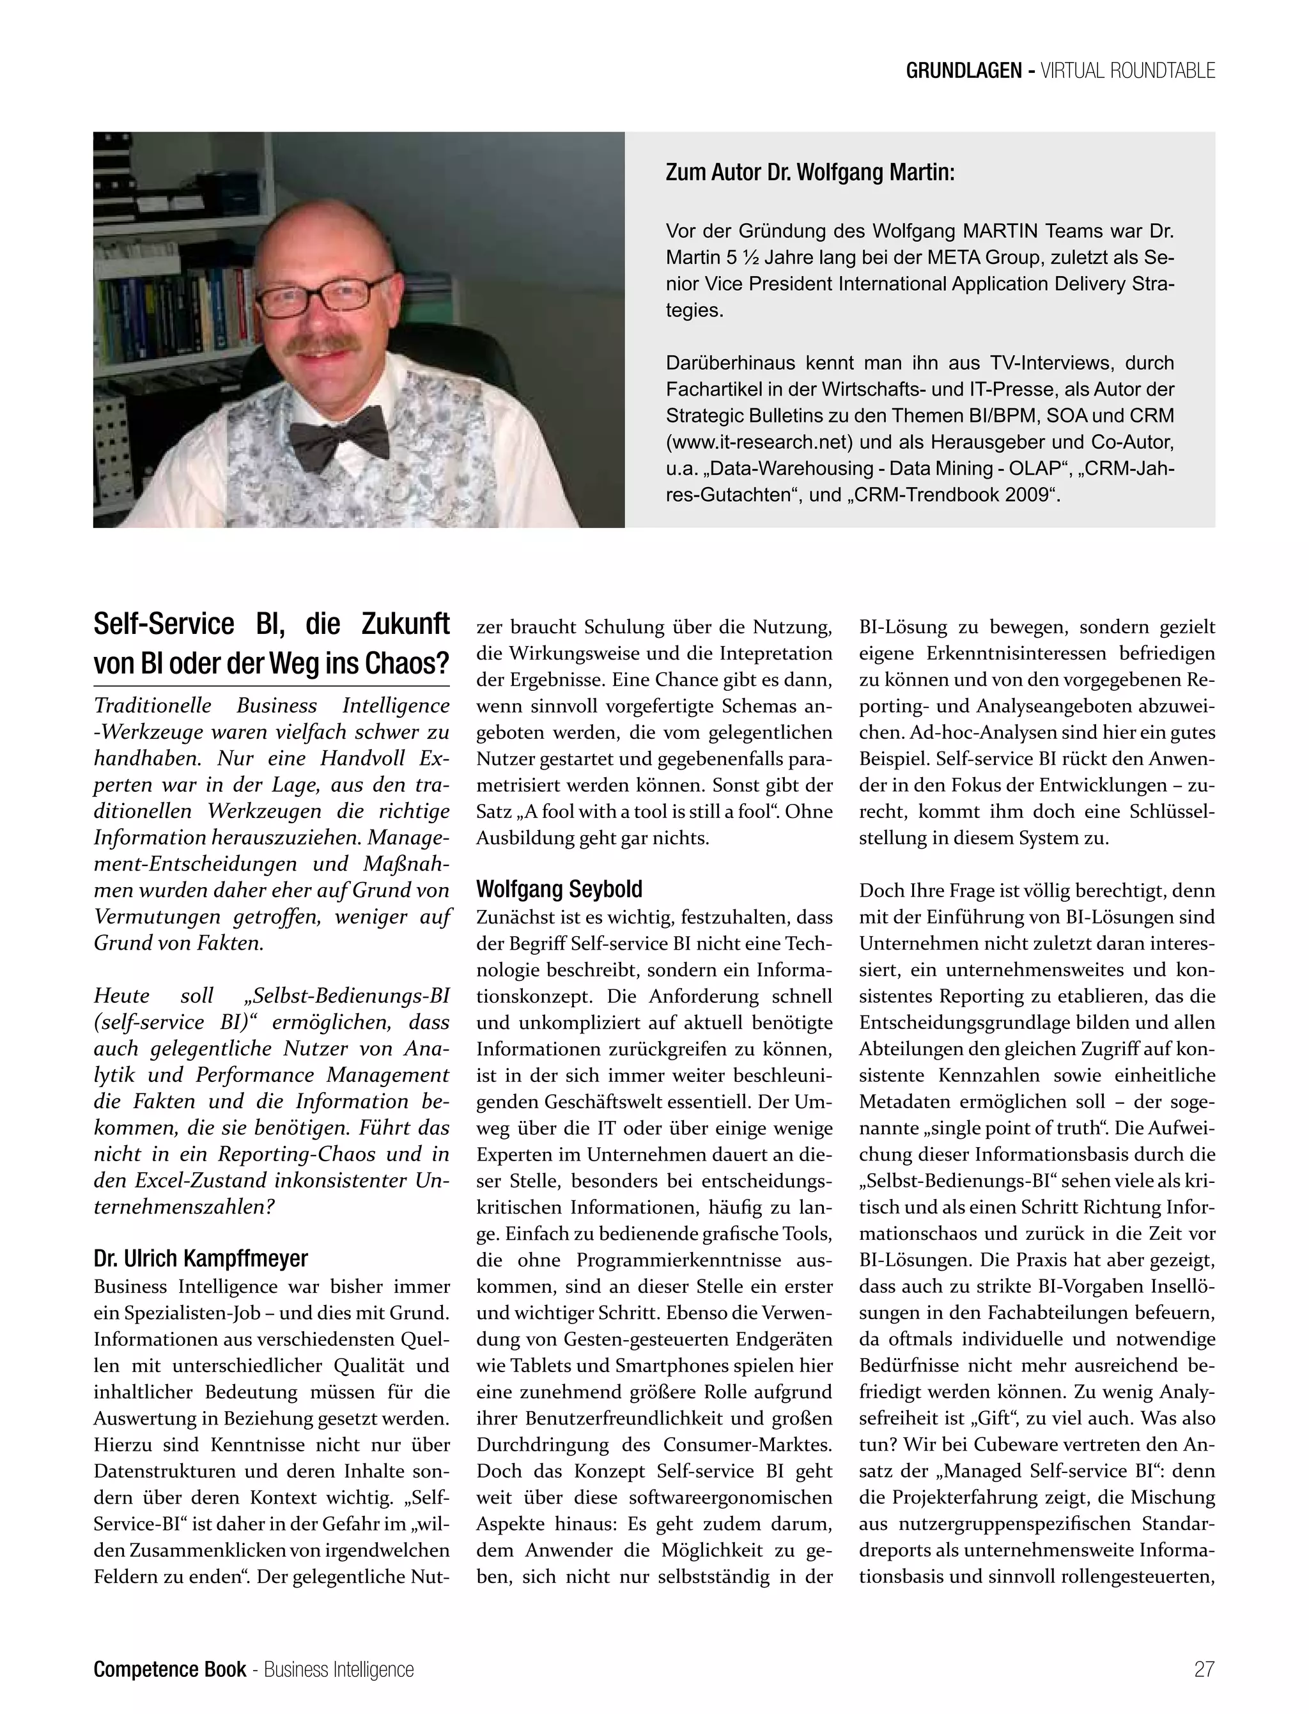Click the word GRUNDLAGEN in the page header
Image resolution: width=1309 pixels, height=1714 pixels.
click(963, 71)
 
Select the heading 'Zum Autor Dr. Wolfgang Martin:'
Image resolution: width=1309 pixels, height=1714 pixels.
click(810, 172)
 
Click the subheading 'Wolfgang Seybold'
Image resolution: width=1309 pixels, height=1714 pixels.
click(559, 889)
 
